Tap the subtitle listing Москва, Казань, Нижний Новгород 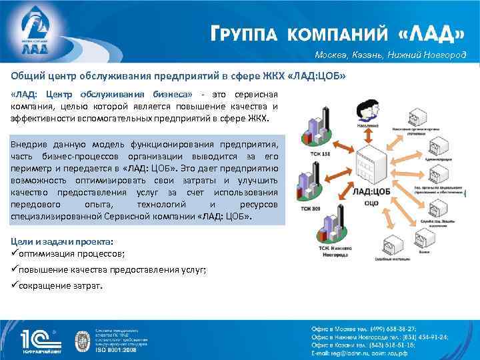391,55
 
